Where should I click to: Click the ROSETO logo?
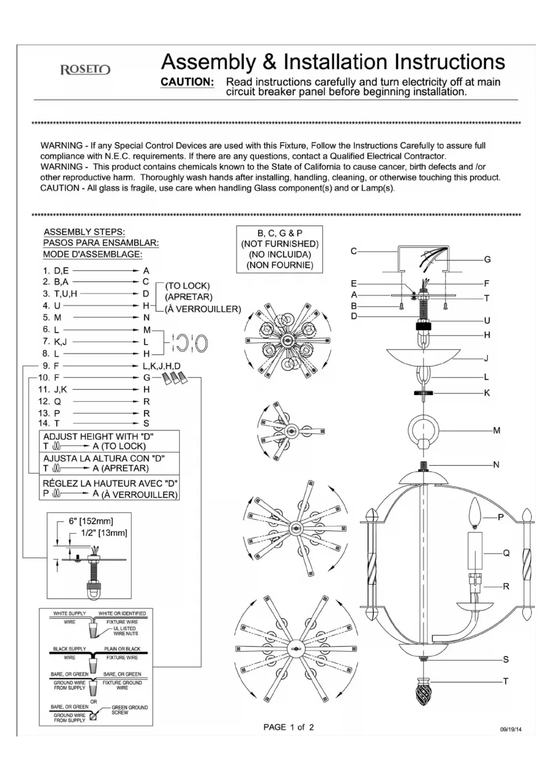85,70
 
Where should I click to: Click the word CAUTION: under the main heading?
187,82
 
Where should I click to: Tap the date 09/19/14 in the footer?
511,729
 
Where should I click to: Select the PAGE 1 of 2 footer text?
288,727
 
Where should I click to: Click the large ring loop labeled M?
423,431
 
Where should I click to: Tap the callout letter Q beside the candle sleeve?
506,553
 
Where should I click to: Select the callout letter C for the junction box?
354,251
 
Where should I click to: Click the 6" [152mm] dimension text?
91,521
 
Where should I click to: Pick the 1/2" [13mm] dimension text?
104,533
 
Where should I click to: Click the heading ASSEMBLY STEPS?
84,232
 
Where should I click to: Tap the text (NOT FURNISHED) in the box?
280,244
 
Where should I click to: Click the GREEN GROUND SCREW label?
129,710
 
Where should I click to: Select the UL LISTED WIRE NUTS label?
125,631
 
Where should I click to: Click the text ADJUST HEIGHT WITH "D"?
98,436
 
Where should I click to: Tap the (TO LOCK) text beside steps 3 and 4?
187,286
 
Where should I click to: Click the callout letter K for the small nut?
487,393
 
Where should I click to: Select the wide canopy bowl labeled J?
423,357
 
